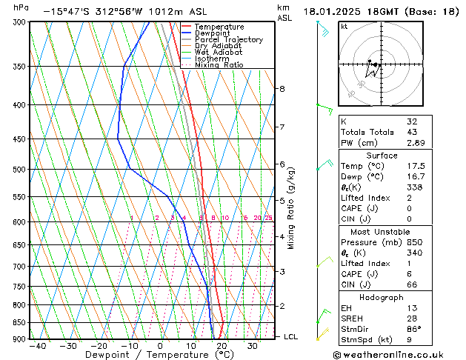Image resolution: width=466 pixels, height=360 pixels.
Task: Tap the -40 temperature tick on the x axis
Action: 36,345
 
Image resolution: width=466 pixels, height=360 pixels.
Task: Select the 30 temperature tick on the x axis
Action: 253,345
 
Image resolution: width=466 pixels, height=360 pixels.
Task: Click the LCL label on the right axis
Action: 291,336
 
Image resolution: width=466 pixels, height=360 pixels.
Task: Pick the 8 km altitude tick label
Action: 282,89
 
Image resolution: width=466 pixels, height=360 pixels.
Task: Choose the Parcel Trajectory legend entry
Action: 228,39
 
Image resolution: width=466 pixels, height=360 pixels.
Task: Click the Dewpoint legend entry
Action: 213,33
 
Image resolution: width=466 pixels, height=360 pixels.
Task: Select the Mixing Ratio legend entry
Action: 219,65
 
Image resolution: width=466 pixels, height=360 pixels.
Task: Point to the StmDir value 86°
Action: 413,329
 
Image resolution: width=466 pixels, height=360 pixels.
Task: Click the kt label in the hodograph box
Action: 344,27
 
